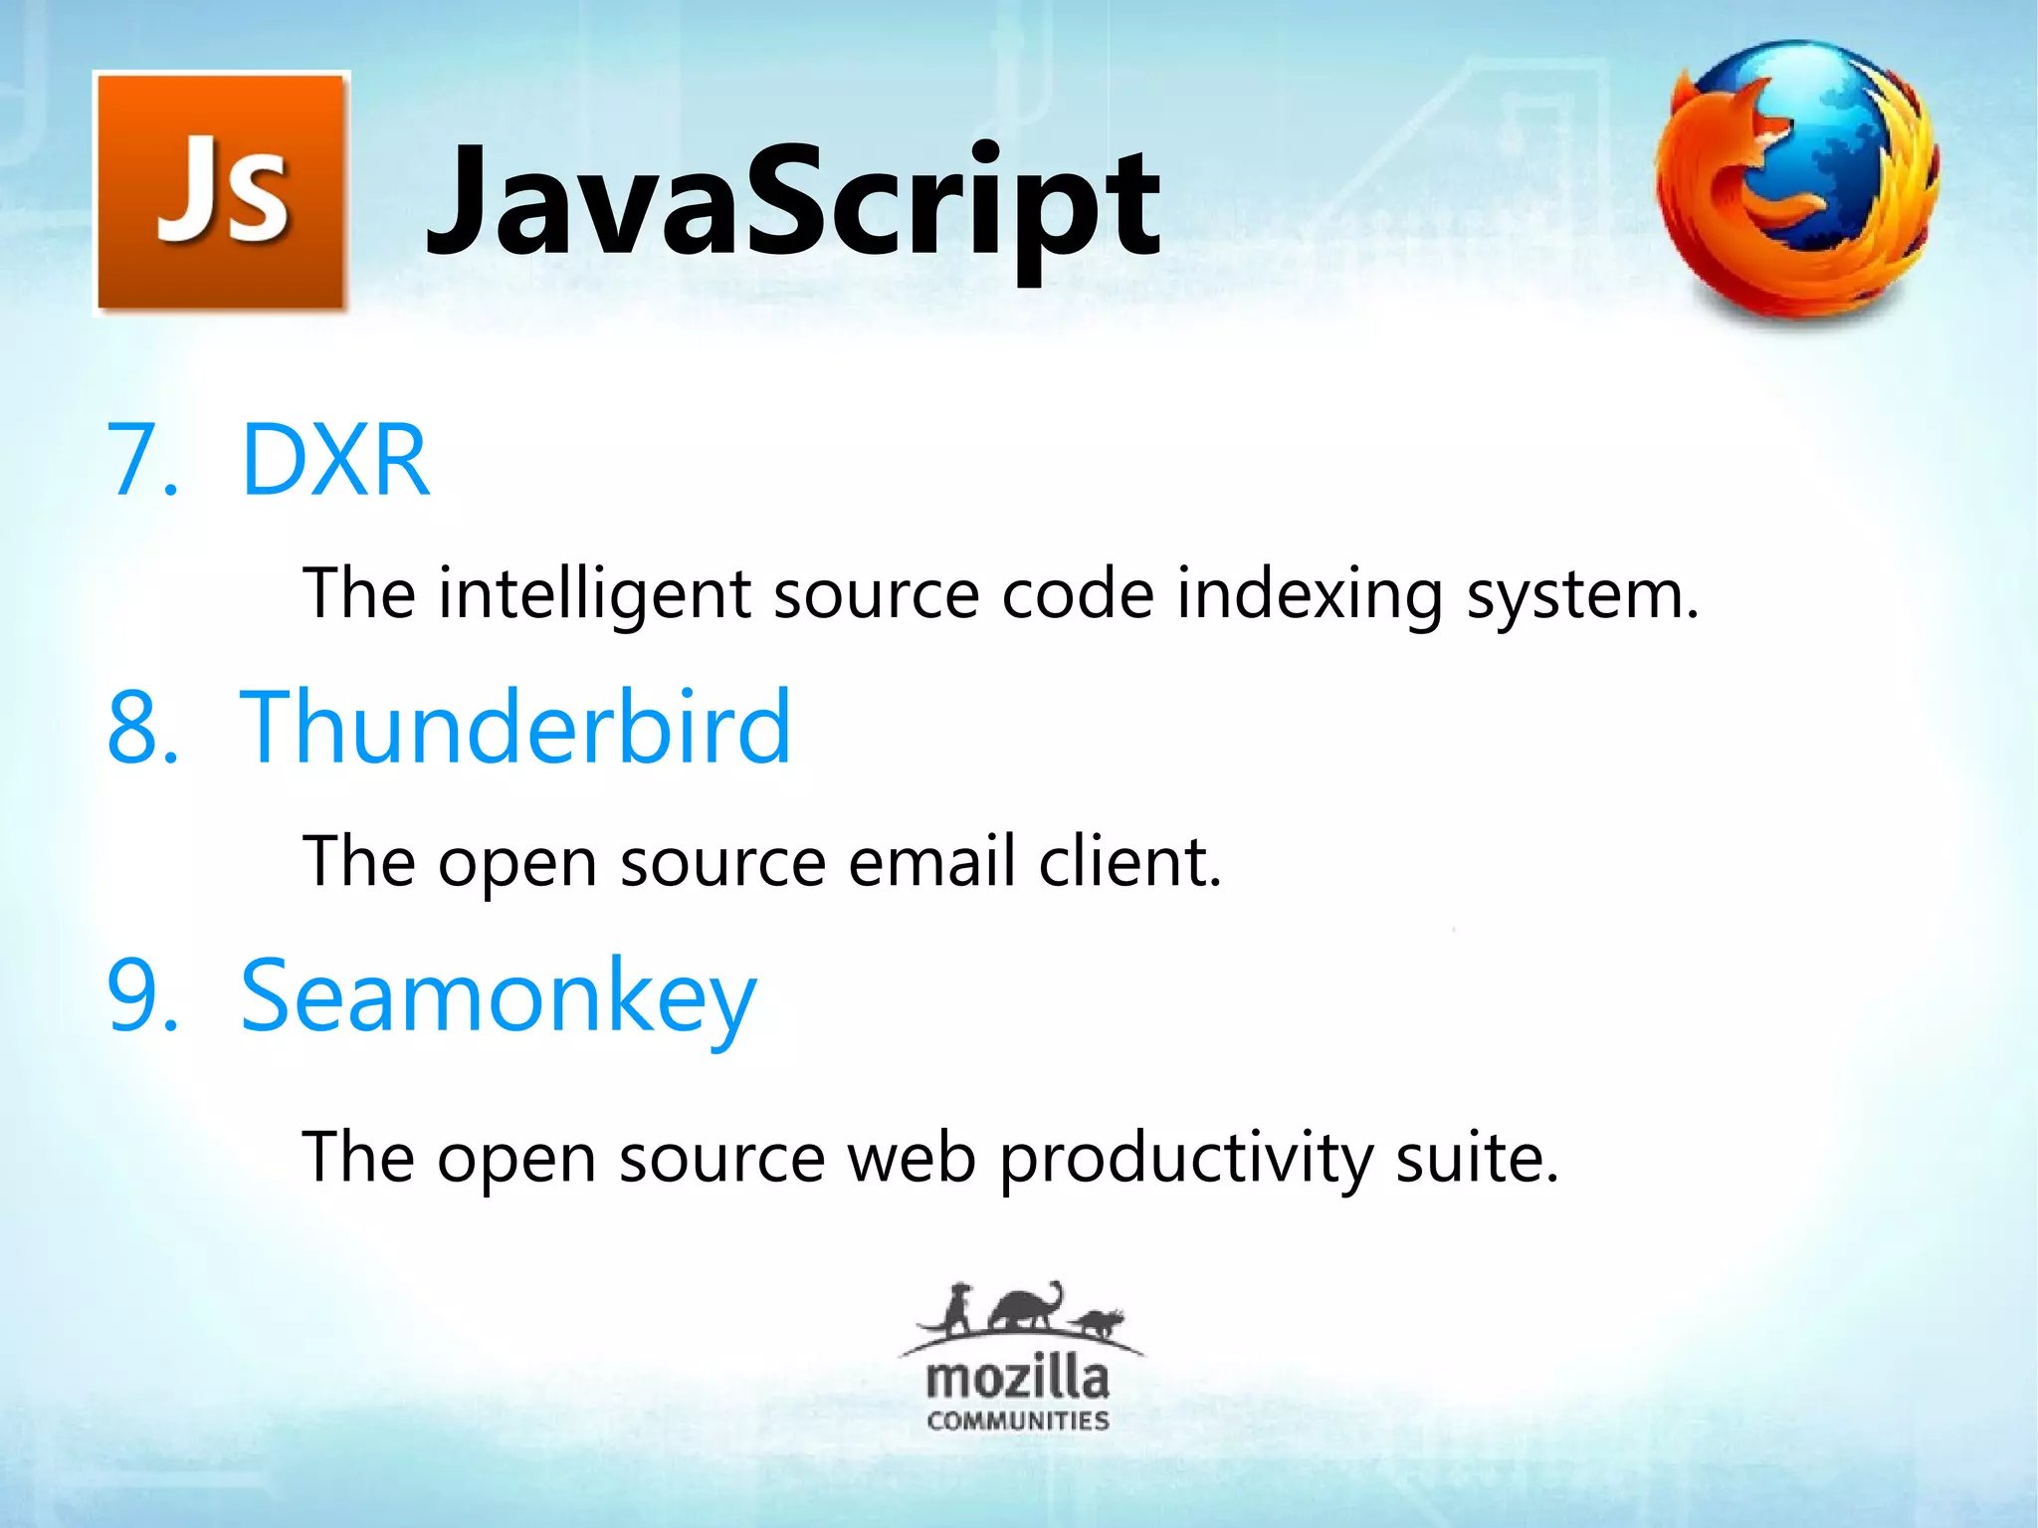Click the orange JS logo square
[221, 192]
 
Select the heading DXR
[335, 460]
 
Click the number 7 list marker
[142, 460]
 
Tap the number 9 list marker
[142, 995]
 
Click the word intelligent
[594, 594]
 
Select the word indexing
[1309, 594]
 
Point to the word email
[932, 861]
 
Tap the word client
[1129, 861]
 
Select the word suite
[1476, 1158]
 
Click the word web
[911, 1158]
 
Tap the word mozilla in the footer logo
[1017, 1380]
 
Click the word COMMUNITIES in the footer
[1017, 1420]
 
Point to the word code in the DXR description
[1078, 594]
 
